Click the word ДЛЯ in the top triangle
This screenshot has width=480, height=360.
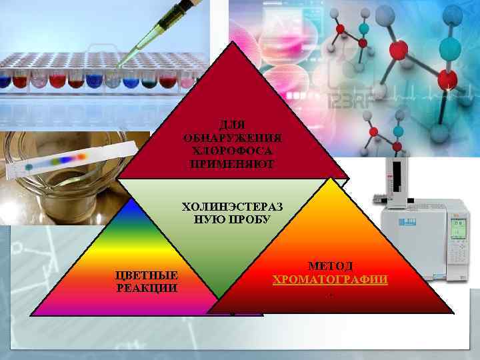tap(231, 124)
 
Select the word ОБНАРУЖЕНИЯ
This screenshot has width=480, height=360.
tap(231, 137)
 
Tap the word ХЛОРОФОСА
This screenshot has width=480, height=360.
tap(231, 150)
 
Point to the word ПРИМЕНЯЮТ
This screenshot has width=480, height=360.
tap(231, 163)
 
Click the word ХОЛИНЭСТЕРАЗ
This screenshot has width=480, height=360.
tap(232, 206)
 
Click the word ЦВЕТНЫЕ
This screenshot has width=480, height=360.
tap(147, 275)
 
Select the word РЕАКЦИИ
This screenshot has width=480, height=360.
tap(147, 288)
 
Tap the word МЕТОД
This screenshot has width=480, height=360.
tap(330, 267)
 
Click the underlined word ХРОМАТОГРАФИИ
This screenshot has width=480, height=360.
tap(330, 279)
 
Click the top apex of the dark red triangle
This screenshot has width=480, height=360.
tap(233, 43)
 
